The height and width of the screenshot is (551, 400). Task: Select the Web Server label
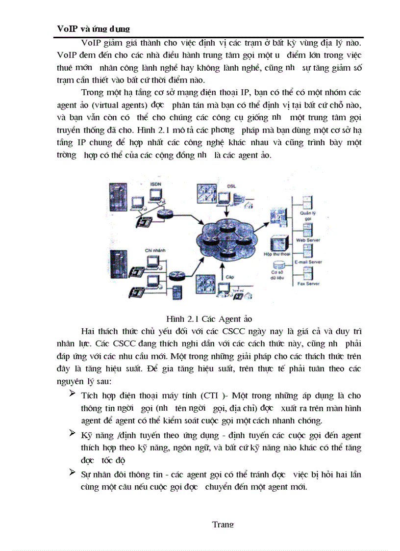click(x=308, y=240)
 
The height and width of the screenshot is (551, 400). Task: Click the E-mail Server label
click(x=308, y=262)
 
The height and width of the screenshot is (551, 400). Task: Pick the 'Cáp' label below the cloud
click(x=230, y=277)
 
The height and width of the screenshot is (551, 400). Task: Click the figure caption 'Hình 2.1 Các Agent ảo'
click(x=209, y=319)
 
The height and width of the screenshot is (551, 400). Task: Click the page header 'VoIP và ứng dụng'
click(x=93, y=29)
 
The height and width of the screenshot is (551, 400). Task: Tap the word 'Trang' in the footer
click(x=223, y=524)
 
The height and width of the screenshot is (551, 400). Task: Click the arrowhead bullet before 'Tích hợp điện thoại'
click(x=73, y=394)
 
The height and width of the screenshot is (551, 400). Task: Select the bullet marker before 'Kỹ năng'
click(x=73, y=433)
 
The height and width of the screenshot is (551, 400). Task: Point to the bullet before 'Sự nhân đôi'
click(x=73, y=473)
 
